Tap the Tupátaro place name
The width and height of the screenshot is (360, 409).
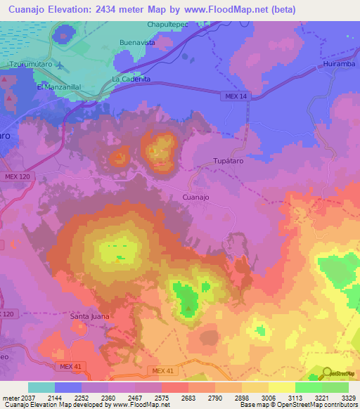tap(229, 162)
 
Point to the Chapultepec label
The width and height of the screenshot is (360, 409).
tap(168, 25)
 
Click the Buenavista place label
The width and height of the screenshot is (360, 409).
tap(137, 42)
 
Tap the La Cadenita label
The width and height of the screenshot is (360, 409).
tap(131, 79)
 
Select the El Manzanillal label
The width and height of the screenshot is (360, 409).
tap(60, 86)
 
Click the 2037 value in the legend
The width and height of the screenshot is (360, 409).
tap(27, 398)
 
